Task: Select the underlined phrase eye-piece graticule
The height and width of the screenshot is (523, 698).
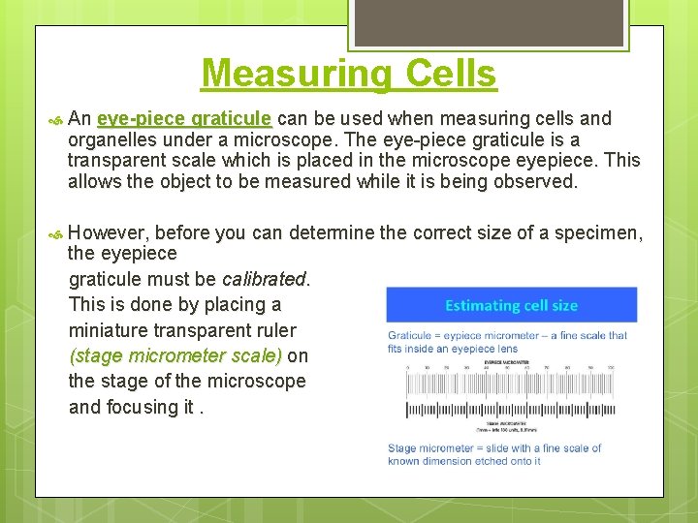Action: coord(184,119)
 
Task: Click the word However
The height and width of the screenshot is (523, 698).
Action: coord(109,232)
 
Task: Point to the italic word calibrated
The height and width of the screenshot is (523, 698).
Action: coord(264,279)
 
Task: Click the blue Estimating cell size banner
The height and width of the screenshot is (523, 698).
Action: coord(511,305)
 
